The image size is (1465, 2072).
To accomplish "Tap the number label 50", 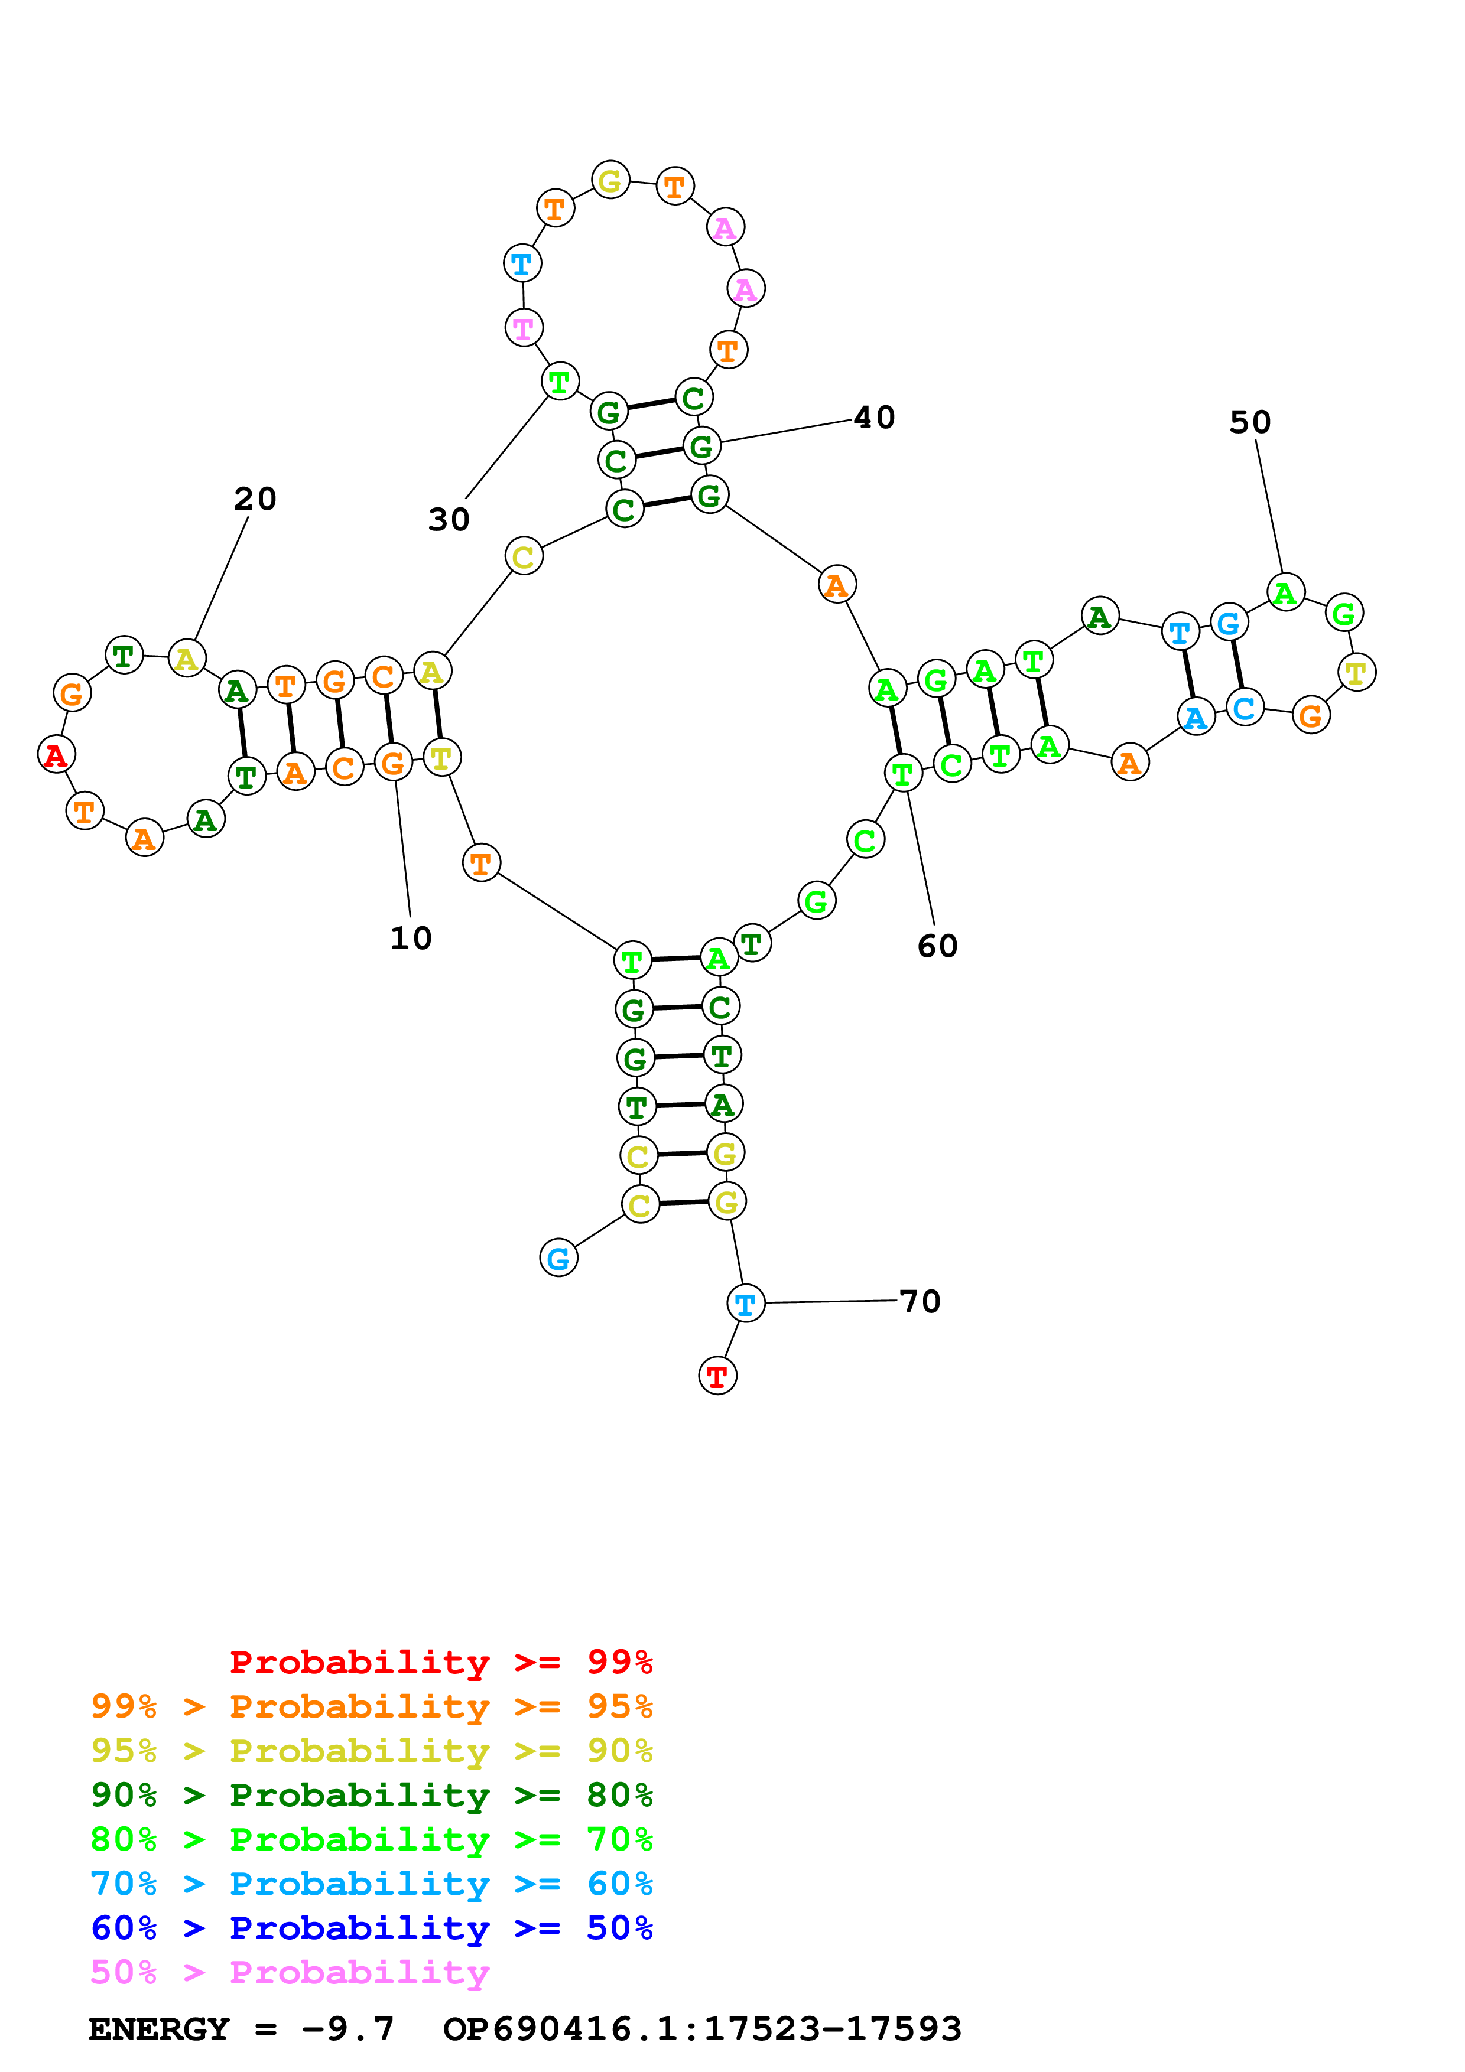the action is (1249, 422).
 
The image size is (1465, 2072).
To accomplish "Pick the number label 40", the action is (874, 417).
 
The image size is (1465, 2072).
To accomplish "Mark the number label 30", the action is (449, 519).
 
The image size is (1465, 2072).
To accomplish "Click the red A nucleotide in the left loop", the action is (56, 754).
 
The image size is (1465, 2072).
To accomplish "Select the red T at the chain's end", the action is (717, 1376).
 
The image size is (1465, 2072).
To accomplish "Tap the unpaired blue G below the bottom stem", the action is (558, 1258).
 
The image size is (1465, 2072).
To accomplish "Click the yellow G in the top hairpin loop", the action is (610, 181).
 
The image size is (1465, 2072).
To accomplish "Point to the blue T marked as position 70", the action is (746, 1303).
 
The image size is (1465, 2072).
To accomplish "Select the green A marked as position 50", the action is (1285, 593).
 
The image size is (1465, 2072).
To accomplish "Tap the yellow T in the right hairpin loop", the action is (1356, 672).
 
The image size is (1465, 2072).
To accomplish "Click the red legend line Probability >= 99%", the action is (440, 1661).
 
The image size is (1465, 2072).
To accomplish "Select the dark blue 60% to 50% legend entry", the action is (371, 1928).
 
